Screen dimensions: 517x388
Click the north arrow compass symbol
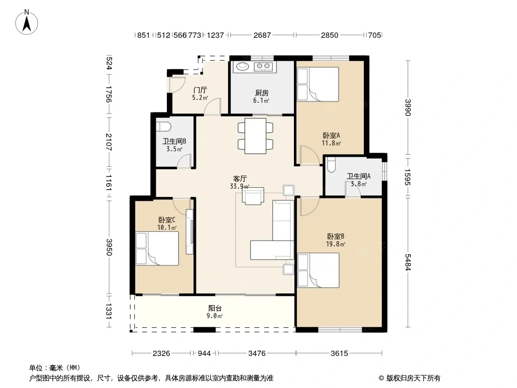click(x=27, y=22)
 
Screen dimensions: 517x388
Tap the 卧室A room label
click(x=331, y=135)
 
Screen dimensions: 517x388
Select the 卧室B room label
click(x=336, y=236)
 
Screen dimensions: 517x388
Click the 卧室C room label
click(x=166, y=220)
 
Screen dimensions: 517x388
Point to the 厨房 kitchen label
click(x=261, y=93)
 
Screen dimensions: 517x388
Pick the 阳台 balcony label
click(x=215, y=308)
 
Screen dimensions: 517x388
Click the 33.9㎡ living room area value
click(x=240, y=187)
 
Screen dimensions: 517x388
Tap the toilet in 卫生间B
click(x=164, y=126)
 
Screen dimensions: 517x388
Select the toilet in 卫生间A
click(x=331, y=165)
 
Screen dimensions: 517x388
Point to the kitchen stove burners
click(x=263, y=67)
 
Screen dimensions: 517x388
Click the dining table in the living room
click(x=256, y=136)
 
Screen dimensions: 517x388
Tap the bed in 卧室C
click(x=157, y=248)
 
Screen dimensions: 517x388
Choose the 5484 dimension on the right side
click(x=408, y=262)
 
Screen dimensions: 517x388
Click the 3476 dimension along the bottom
click(x=257, y=354)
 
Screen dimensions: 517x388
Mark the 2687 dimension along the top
click(x=262, y=35)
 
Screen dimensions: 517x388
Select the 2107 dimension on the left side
click(x=109, y=142)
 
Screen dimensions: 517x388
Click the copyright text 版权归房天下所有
click(x=413, y=378)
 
